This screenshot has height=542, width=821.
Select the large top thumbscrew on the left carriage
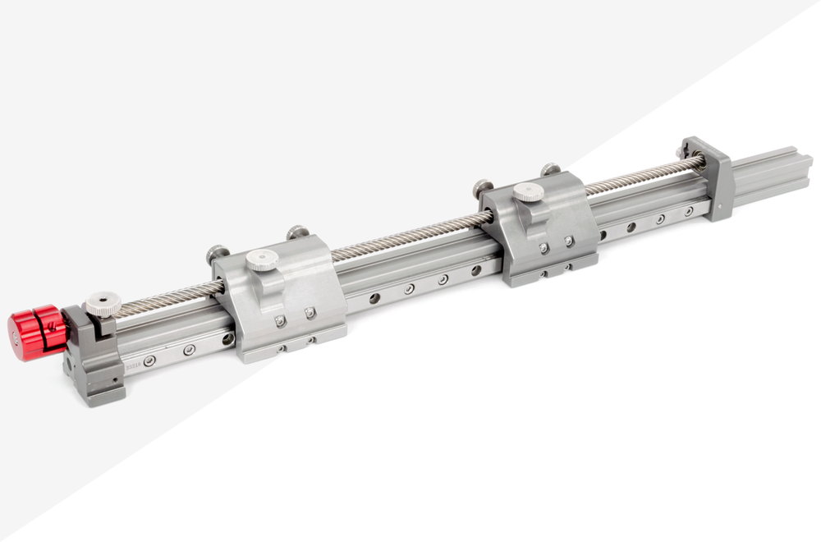click(x=263, y=260)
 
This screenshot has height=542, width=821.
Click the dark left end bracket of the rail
click(x=97, y=361)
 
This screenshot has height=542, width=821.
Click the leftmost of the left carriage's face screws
click(x=280, y=321)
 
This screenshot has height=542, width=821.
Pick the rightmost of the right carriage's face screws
click(x=569, y=241)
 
